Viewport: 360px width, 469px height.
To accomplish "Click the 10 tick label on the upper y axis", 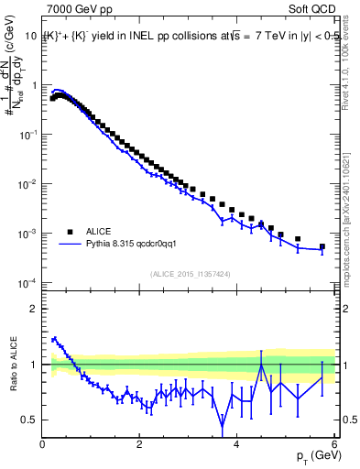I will (30, 36).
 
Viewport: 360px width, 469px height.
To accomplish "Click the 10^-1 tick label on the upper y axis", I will (27, 135).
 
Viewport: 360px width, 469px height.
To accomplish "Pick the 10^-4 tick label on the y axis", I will (27, 282).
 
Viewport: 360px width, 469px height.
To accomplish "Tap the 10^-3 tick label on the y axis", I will (27, 234).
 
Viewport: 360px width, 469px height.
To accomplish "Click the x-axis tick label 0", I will (42, 444).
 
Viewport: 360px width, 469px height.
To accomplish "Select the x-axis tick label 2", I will (139, 444).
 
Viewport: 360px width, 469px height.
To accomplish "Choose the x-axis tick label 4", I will (236, 444).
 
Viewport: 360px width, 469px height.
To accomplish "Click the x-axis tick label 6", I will (333, 444).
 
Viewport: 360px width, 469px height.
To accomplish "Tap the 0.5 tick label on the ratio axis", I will (28, 420).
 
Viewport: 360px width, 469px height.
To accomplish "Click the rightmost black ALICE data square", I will (322, 246).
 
